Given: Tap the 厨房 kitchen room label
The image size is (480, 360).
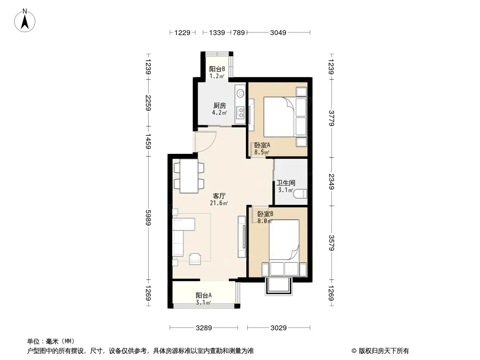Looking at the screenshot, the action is tap(220, 105).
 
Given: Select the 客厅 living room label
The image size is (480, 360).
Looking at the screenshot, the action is tap(219, 196).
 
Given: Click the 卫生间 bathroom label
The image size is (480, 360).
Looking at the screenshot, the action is tap(286, 183).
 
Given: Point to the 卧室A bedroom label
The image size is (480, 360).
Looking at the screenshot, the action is tap(262, 145).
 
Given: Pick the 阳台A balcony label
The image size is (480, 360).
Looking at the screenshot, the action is tap(204, 296).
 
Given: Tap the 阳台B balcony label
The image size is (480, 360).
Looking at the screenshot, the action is tap(217, 69).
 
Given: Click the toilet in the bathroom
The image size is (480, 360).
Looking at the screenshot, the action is tap(300, 194).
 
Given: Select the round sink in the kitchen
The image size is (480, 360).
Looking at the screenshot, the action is tap(241, 93).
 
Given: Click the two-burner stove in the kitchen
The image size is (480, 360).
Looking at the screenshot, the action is tap(240, 112).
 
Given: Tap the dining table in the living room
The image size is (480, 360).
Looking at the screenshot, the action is tap(189, 176).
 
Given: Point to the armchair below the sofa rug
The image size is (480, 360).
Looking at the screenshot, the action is tap(195, 259).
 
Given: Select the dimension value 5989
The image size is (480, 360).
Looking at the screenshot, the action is tap(148, 218).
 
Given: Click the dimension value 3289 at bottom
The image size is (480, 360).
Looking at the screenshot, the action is tap(204, 328).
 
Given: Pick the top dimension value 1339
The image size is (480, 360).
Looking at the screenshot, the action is tap(217, 32).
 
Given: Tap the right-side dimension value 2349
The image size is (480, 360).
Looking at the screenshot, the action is tap(331, 182).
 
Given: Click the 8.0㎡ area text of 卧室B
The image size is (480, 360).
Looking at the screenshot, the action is tap(265, 221).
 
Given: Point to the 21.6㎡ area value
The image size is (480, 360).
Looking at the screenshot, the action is tap(219, 203).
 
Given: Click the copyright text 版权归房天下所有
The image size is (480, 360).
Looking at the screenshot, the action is tap(384, 351).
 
